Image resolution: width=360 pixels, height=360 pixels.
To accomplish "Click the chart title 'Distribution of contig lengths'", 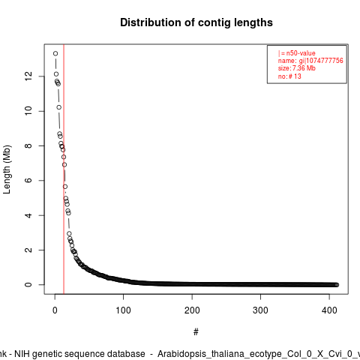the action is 196,22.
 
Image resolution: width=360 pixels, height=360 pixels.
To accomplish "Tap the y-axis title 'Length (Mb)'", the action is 7,169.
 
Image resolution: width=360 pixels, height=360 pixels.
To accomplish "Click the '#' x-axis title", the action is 196,332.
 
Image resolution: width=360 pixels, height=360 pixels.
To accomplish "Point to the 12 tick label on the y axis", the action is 28,76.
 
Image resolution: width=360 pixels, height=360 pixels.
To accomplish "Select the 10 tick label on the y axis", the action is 28,111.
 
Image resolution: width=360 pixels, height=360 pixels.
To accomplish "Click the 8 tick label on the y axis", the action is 28,145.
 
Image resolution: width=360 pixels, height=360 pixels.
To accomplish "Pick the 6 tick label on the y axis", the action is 28,180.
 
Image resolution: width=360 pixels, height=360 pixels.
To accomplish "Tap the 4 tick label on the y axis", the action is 28,215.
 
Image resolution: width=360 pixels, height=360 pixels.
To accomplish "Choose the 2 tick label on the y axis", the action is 28,250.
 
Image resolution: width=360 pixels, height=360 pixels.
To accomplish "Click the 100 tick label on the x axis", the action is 123,310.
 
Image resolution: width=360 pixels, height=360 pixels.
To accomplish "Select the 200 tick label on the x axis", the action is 192,310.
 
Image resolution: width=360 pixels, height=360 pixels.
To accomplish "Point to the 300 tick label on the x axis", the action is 260,310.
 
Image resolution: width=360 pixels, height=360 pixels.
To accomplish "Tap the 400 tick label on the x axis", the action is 329,310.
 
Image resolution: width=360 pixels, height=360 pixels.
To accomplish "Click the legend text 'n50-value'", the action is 301,53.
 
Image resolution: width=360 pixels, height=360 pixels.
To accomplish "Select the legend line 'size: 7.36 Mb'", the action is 297,68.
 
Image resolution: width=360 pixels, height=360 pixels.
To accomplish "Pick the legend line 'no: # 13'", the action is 289,76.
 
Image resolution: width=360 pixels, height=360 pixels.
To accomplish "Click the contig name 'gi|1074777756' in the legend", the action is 321,61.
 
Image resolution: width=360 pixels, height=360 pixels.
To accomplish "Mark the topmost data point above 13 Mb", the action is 55,53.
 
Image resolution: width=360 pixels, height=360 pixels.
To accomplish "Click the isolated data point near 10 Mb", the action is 58,107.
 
